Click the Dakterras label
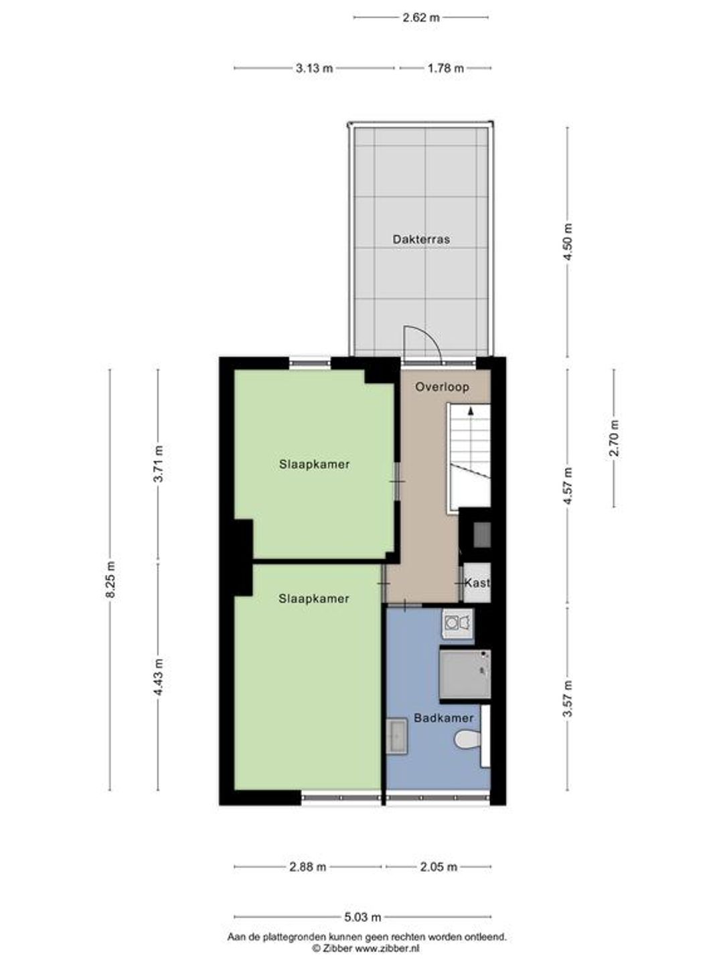[421, 240]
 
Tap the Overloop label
[442, 387]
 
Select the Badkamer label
[444, 718]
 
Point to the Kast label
[477, 583]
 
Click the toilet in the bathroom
[468, 740]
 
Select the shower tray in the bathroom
[465, 674]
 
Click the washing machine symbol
[458, 623]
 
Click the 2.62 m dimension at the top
[421, 17]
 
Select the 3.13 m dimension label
[315, 68]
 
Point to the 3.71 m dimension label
[159, 464]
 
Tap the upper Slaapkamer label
[315, 464]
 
